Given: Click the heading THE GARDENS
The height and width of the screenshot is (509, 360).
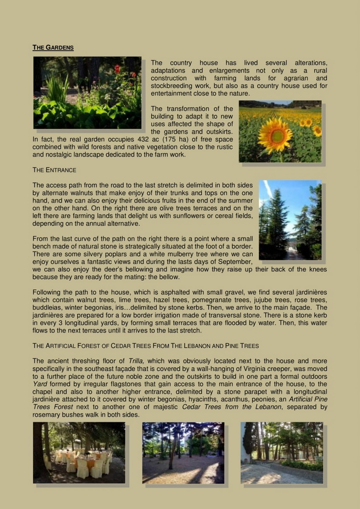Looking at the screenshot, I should click(53, 48).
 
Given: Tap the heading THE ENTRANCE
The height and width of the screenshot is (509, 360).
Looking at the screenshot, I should click(54, 170).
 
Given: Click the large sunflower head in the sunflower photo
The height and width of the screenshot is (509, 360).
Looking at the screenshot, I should click(275, 134).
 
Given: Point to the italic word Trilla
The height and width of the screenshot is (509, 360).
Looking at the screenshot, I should click(137, 361).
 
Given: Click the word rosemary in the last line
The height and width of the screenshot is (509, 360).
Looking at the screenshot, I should click(45, 414).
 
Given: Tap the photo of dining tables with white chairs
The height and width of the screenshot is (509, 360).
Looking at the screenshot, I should click(79, 453).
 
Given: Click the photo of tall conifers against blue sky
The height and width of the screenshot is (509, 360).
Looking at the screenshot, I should click(290, 220).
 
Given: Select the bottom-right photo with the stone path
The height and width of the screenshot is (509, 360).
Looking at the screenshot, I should click(281, 453).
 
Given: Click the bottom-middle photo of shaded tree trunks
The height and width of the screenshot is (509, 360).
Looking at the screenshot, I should click(183, 453).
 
